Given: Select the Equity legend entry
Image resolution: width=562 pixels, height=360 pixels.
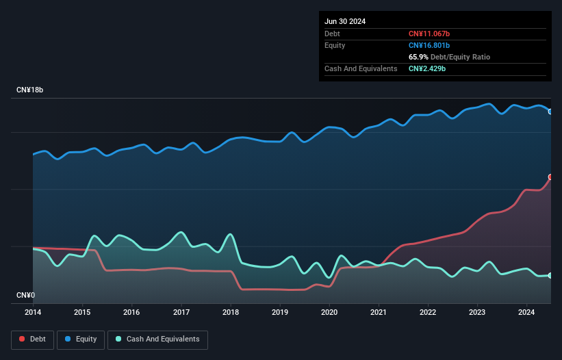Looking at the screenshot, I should click(x=80, y=339).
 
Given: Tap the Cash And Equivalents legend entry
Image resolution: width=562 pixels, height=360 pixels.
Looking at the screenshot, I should click(x=157, y=339).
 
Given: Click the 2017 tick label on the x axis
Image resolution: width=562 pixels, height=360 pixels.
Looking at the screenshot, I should click(x=181, y=312).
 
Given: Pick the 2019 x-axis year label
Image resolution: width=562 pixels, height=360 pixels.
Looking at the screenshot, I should click(x=279, y=312).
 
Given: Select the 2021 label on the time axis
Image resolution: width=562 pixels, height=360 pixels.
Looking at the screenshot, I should click(x=379, y=312).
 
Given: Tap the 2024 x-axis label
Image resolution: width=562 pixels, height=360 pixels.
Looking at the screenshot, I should click(x=526, y=312).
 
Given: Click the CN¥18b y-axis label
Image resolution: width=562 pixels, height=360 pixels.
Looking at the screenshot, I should click(x=30, y=90).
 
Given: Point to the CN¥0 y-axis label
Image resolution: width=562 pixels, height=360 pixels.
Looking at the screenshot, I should click(x=25, y=295).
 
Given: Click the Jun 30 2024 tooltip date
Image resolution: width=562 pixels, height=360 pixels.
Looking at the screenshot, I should click(x=345, y=21).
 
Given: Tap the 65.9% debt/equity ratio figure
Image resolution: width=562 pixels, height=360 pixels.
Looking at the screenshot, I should click(x=419, y=57).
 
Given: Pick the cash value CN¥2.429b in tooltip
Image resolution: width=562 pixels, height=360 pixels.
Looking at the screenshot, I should click(x=427, y=68).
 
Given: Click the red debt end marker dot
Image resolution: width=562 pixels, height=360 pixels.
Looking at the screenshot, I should click(x=550, y=177).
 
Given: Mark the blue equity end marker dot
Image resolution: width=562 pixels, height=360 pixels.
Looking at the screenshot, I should click(x=550, y=112).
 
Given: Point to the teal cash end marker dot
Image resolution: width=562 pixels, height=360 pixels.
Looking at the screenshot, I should click(x=550, y=275).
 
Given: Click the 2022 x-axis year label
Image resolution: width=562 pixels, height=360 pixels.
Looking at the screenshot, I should click(x=428, y=312).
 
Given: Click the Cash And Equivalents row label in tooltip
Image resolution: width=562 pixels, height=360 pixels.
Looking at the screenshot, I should click(x=361, y=68).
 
